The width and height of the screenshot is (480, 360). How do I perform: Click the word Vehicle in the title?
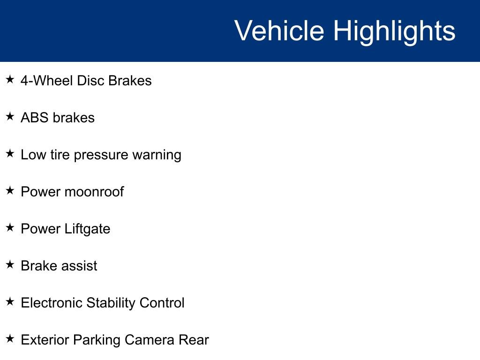point(279,30)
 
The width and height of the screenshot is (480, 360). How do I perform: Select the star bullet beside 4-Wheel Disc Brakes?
point(10,79)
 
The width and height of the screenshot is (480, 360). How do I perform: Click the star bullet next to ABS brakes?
point(10,116)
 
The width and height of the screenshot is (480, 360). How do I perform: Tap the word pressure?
point(101,156)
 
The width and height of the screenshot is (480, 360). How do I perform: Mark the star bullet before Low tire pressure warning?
point(10,153)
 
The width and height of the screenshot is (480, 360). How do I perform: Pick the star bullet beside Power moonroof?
point(10,190)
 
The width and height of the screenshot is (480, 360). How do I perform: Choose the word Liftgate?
point(87,229)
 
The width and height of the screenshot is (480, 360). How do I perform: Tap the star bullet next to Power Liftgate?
point(10,227)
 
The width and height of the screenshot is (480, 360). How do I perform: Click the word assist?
point(79,266)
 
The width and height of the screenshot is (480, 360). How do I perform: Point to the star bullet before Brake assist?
point(10,264)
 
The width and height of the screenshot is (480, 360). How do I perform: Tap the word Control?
point(162,303)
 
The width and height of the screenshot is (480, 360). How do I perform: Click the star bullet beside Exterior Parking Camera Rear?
point(10,338)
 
